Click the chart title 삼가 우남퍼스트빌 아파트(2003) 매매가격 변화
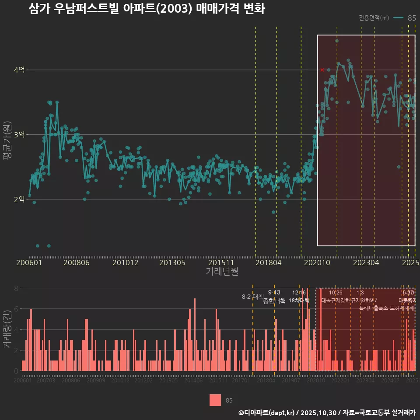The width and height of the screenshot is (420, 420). point(147,9)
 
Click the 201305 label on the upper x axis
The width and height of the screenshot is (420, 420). point(172,263)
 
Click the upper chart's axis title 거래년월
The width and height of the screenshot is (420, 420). point(222,272)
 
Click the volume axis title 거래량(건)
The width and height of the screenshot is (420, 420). point(7,329)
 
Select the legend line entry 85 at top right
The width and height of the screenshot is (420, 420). point(405,18)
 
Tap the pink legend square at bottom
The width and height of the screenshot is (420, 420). point(215,400)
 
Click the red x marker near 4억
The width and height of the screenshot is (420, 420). point(322,70)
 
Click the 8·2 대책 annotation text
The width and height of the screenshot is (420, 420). point(249,296)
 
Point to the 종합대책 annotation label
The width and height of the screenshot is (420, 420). point(274,301)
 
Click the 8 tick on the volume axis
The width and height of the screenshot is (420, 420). point(16,288)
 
